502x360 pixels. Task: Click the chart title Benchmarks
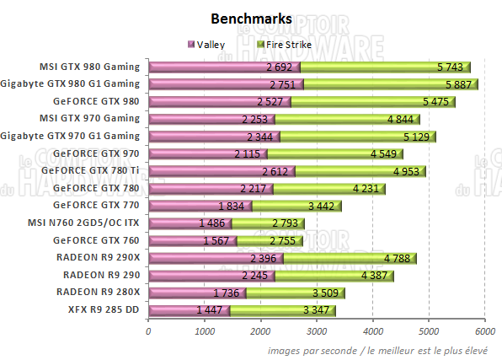point(251,18)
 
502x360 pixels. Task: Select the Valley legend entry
point(211,44)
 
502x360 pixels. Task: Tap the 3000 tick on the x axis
point(317,330)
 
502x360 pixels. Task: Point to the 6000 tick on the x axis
point(484,330)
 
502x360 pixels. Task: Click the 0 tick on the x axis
point(149,330)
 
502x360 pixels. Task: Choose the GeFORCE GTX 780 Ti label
point(95,170)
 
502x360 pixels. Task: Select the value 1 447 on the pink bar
point(211,310)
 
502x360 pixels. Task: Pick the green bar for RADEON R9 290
point(320,275)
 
